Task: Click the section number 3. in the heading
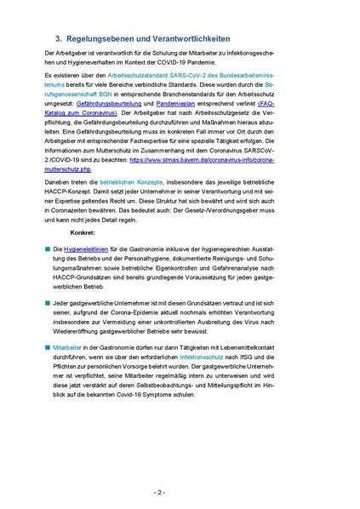coord(59,38)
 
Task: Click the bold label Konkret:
coord(83,255)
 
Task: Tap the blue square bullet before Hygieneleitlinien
coord(49,271)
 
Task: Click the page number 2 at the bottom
coord(180,492)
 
